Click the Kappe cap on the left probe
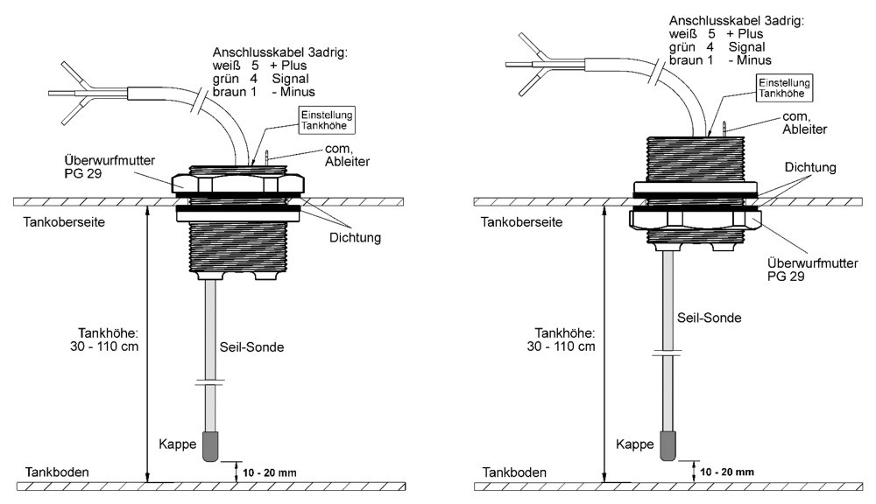coord(211,447)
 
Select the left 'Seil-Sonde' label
coord(251,346)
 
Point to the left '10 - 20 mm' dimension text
coord(270,472)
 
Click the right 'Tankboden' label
coord(510,472)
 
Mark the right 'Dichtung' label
coord(810,166)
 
